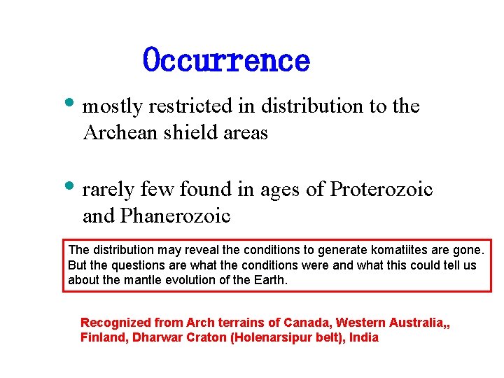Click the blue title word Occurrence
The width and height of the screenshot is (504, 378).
[x=226, y=60]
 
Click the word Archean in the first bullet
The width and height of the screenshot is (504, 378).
[x=120, y=132]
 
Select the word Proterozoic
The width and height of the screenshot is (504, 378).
[x=381, y=190]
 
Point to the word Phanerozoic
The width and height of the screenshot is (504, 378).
[x=175, y=216]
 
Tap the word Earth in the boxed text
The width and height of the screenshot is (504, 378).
[x=271, y=280]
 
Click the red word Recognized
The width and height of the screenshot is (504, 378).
[x=116, y=323]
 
